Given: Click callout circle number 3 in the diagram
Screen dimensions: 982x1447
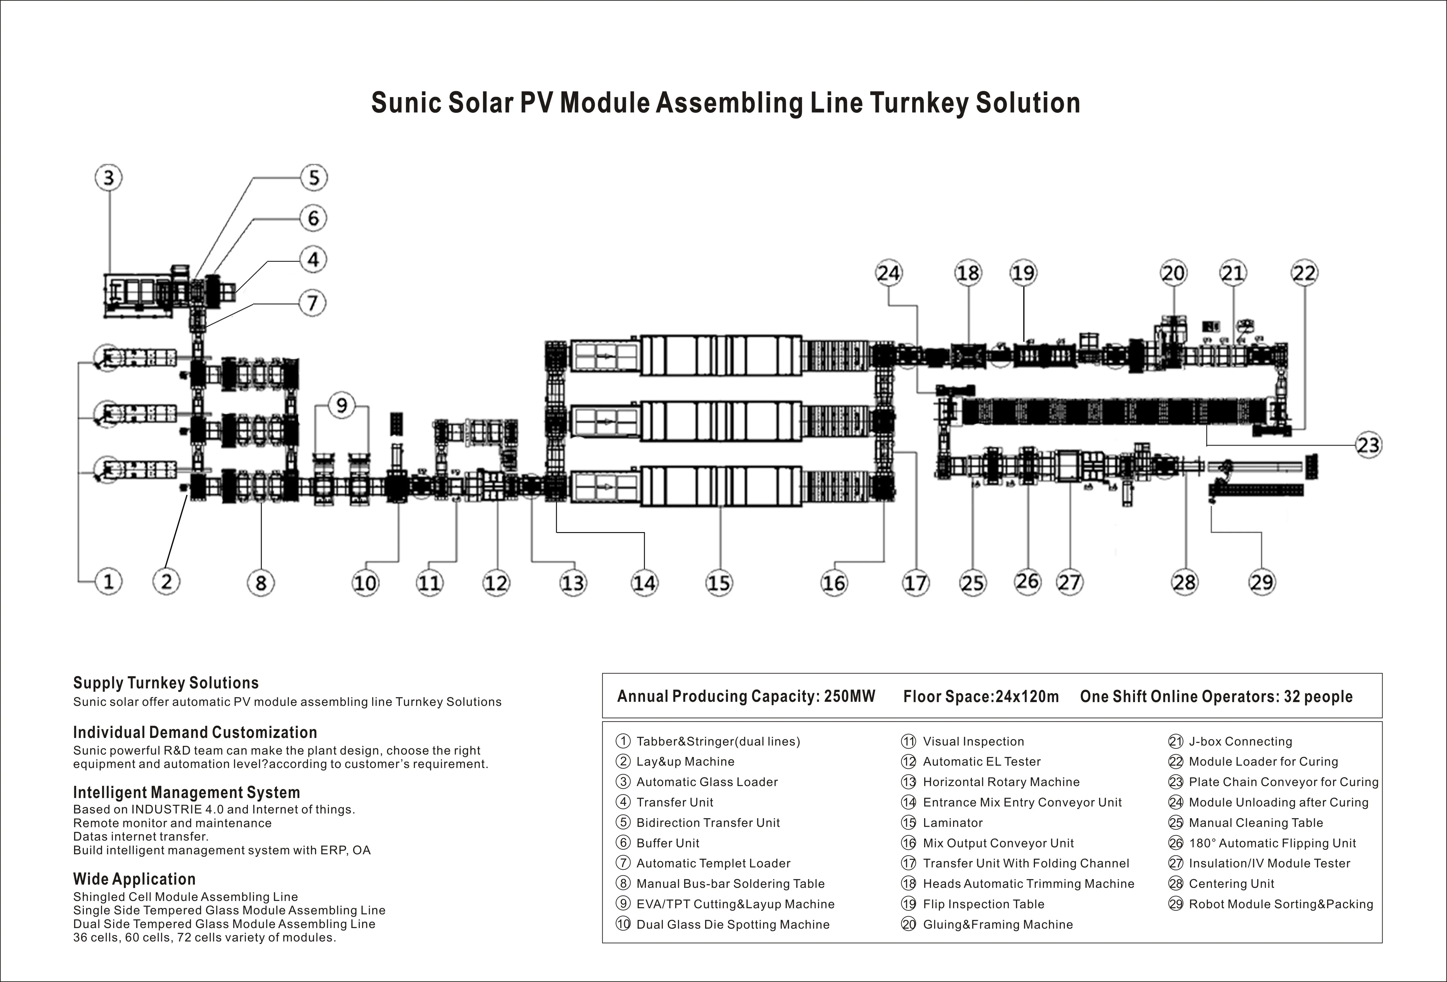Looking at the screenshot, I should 108,178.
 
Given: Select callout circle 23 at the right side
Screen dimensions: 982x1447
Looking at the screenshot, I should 1368,445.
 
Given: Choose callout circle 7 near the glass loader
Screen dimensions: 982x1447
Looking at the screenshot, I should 313,303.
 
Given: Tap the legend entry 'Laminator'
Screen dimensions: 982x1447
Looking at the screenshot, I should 953,823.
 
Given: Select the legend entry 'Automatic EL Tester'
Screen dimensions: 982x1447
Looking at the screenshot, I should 981,762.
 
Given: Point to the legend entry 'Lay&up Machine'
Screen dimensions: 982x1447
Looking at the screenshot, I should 685,762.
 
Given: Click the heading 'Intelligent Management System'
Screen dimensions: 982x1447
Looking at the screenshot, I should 186,793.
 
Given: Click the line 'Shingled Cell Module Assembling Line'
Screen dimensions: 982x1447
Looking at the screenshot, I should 185,897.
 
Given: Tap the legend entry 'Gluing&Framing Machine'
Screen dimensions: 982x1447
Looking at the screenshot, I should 997,924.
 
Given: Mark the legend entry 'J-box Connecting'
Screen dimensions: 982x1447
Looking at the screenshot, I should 1240,741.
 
